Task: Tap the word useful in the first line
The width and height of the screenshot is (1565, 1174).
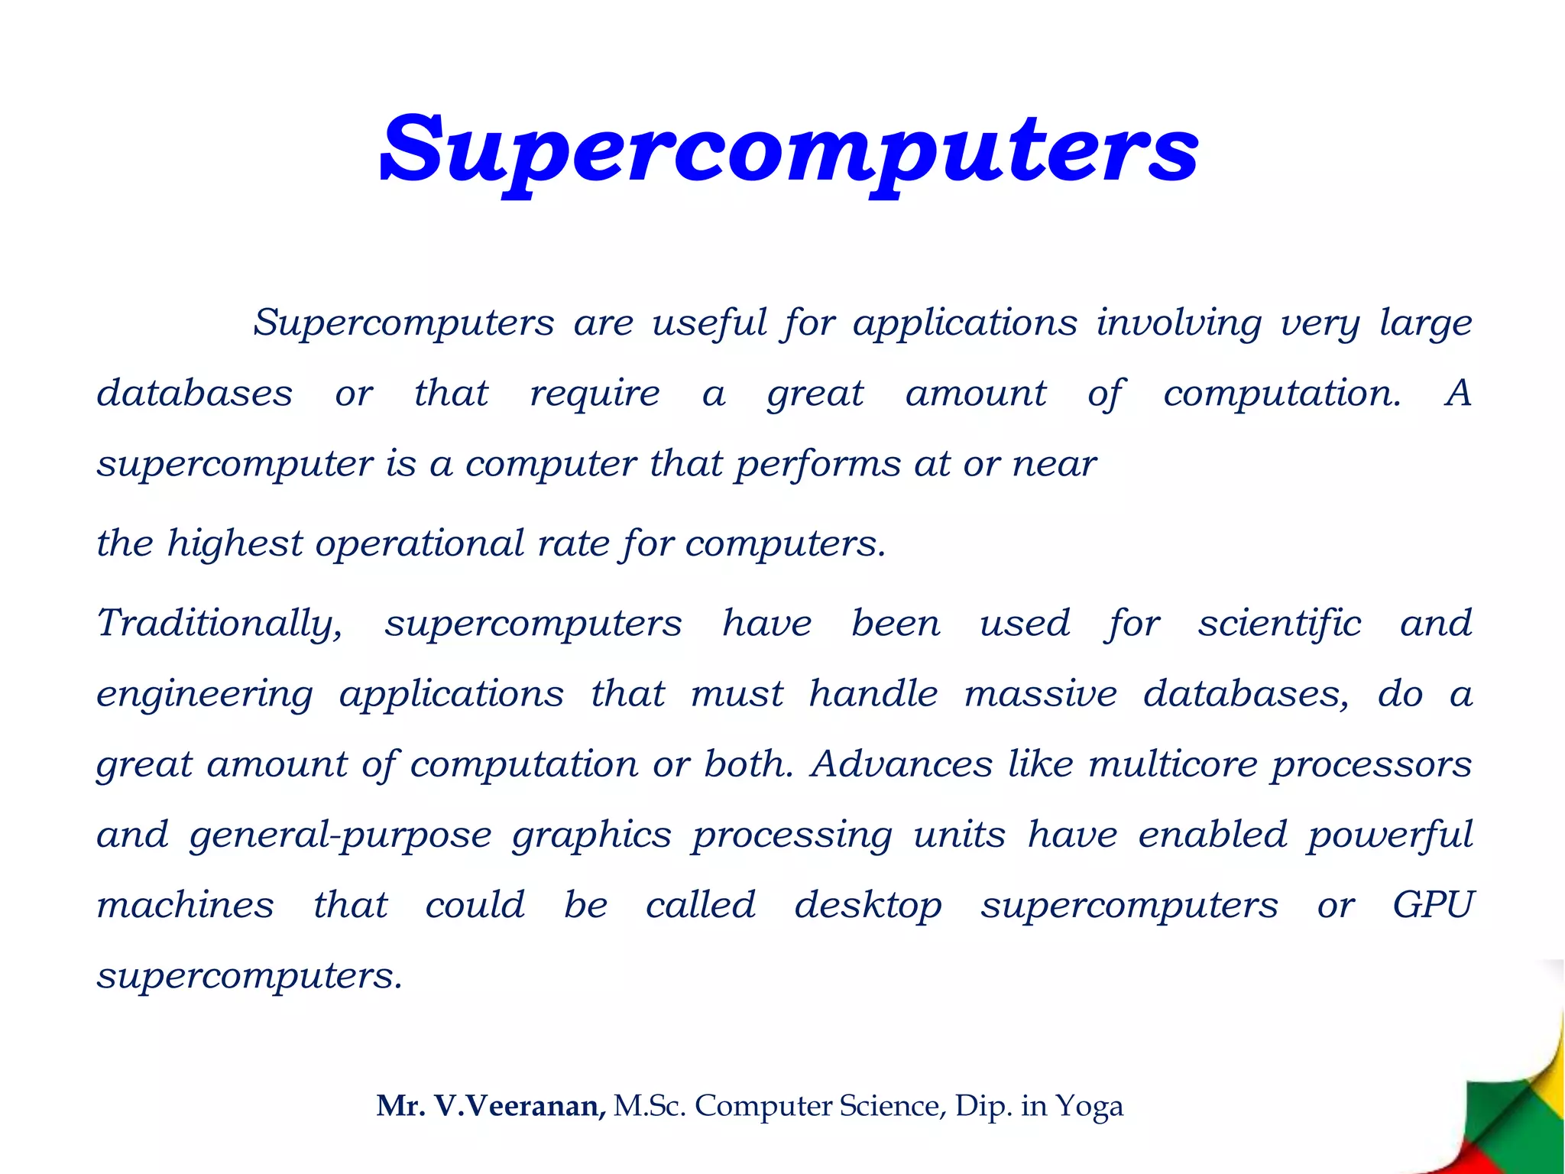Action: click(709, 323)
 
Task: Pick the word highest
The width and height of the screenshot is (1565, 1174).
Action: click(235, 544)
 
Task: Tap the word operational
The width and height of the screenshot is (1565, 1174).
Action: click(419, 544)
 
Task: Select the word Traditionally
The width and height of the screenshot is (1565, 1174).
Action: click(219, 624)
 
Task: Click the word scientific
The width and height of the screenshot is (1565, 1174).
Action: click(1279, 624)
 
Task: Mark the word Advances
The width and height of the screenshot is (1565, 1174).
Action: click(902, 764)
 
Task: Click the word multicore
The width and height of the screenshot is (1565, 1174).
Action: click(1172, 764)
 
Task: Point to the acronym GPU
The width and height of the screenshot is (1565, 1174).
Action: click(1432, 906)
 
